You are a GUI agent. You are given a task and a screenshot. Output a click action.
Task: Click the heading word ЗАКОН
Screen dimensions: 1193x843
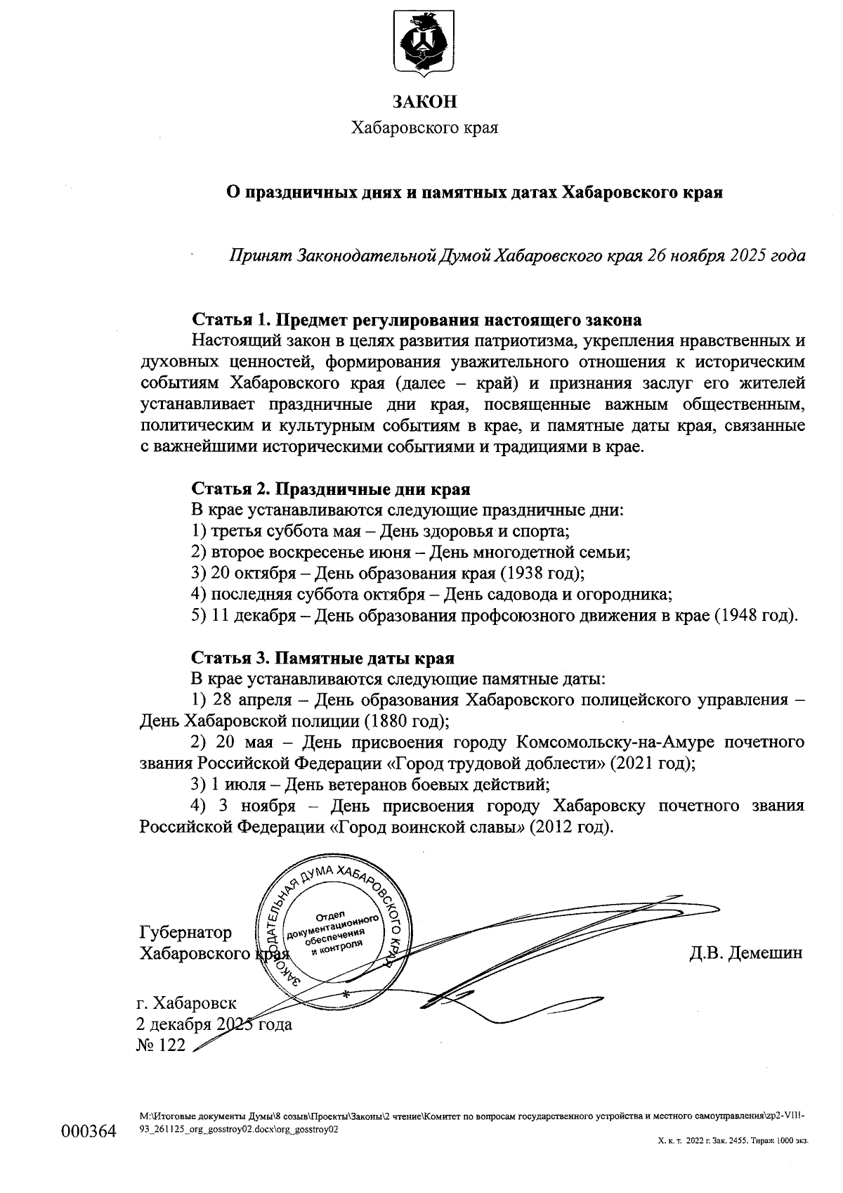(424, 102)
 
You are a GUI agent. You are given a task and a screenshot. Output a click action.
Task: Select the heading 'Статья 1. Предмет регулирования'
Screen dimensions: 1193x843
(417, 320)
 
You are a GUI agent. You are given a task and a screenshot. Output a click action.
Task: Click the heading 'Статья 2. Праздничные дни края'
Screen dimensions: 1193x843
(331, 489)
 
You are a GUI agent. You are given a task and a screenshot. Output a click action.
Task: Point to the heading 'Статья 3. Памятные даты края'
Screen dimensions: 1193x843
(322, 658)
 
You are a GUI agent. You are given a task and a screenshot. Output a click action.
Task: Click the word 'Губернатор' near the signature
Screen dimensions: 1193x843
(186, 932)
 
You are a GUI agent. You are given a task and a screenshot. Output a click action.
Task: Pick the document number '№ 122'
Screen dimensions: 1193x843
(162, 1045)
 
